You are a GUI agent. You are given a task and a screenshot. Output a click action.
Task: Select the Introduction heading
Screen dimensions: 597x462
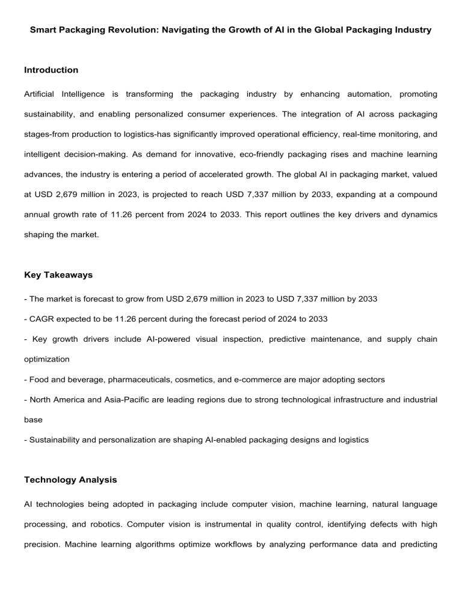[x=51, y=70]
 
